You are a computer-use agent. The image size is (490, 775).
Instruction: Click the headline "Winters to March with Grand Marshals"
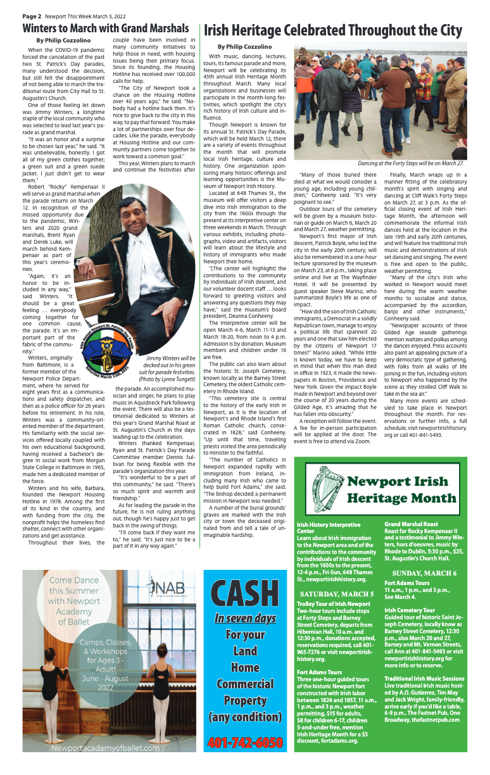click(106, 28)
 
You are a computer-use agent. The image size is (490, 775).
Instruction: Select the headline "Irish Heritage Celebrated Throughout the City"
click(332, 31)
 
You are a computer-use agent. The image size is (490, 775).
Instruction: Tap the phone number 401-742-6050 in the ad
click(244, 741)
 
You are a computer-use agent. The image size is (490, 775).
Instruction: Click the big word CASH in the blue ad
click(244, 593)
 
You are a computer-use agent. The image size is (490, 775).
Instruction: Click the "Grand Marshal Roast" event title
click(411, 525)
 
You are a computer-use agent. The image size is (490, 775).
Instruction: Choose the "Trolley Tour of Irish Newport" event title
click(333, 604)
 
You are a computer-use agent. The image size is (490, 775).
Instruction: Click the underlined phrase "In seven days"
click(244, 618)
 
